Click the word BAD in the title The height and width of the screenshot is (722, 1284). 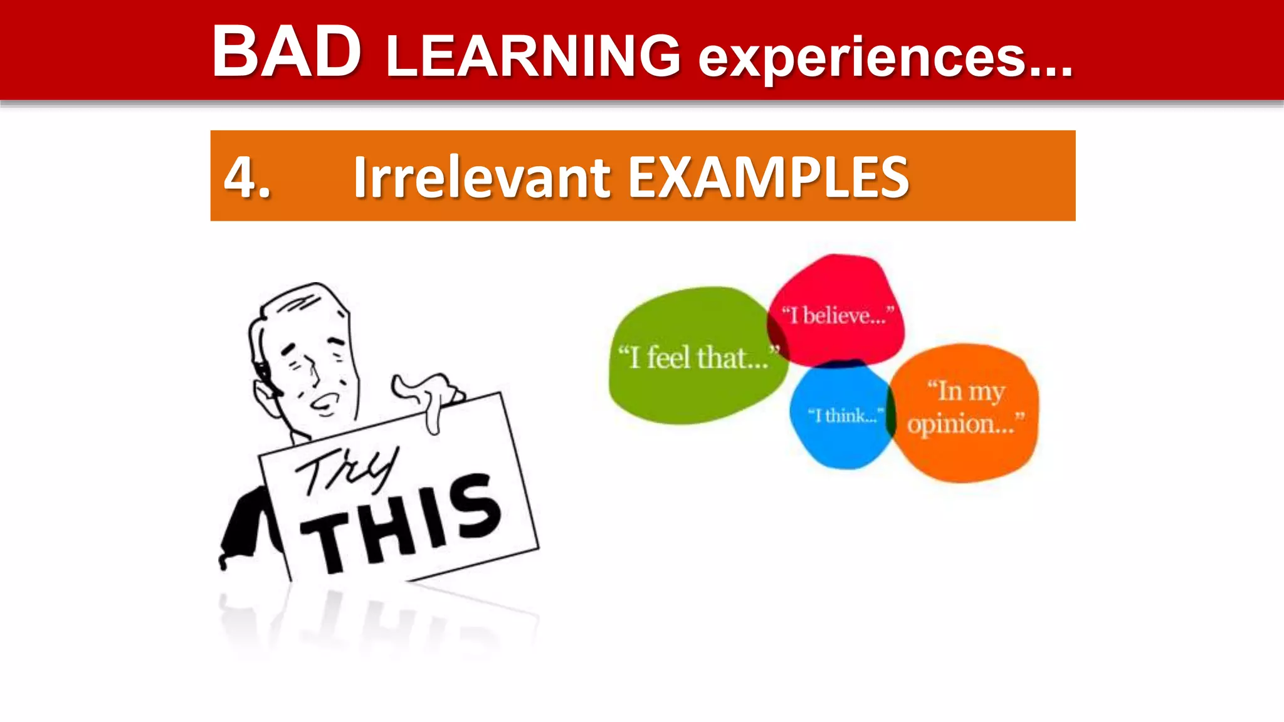287,53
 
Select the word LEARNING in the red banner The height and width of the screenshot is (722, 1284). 534,56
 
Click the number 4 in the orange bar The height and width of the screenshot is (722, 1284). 242,177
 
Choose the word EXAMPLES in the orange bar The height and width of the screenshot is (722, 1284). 768,177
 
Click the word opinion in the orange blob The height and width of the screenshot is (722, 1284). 959,424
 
